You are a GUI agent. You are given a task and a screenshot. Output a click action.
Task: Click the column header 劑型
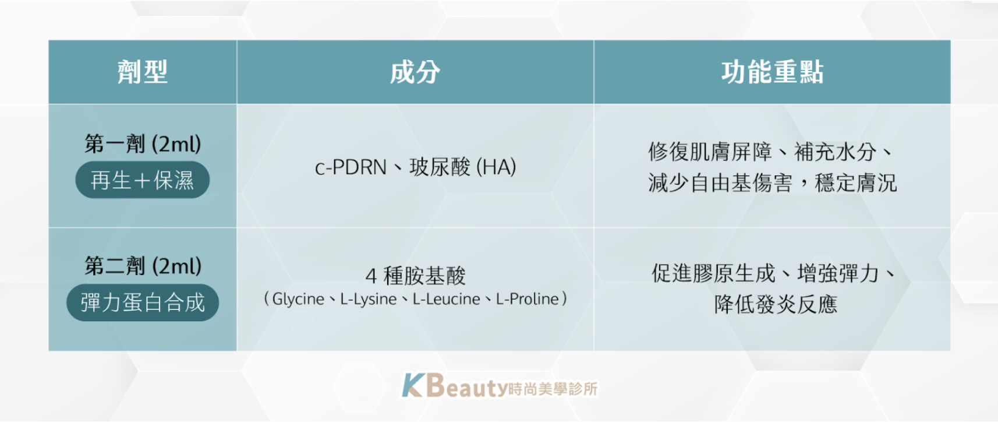(x=143, y=72)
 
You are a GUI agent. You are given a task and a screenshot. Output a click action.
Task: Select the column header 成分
(x=415, y=72)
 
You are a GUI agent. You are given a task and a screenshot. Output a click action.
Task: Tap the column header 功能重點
(x=772, y=72)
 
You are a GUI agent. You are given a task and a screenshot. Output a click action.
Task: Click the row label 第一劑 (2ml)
(x=143, y=144)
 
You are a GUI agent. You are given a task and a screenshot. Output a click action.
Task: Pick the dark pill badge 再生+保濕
(x=143, y=180)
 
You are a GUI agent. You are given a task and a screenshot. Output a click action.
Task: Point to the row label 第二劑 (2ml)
(x=143, y=266)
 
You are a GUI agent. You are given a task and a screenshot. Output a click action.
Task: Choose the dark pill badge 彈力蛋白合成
(x=143, y=303)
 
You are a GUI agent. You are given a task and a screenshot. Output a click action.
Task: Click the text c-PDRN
(x=351, y=167)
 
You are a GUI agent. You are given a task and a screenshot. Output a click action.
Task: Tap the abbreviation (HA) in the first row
(x=496, y=167)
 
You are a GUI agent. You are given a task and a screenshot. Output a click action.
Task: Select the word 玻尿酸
(x=440, y=167)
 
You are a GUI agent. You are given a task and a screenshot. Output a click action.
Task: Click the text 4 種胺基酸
(x=415, y=276)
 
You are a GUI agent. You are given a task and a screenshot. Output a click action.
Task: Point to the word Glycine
(x=298, y=299)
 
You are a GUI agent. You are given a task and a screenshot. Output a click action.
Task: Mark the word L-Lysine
(x=369, y=299)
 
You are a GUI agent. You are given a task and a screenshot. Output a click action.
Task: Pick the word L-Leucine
(x=447, y=299)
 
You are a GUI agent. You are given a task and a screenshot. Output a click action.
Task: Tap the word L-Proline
(x=527, y=299)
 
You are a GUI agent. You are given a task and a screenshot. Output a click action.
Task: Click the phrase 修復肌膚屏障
(x=710, y=152)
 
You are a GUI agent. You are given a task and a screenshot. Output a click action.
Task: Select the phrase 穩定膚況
(x=855, y=183)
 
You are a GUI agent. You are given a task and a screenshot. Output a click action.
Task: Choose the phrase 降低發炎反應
(x=776, y=305)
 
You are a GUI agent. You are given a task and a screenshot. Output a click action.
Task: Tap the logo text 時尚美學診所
(x=553, y=389)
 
